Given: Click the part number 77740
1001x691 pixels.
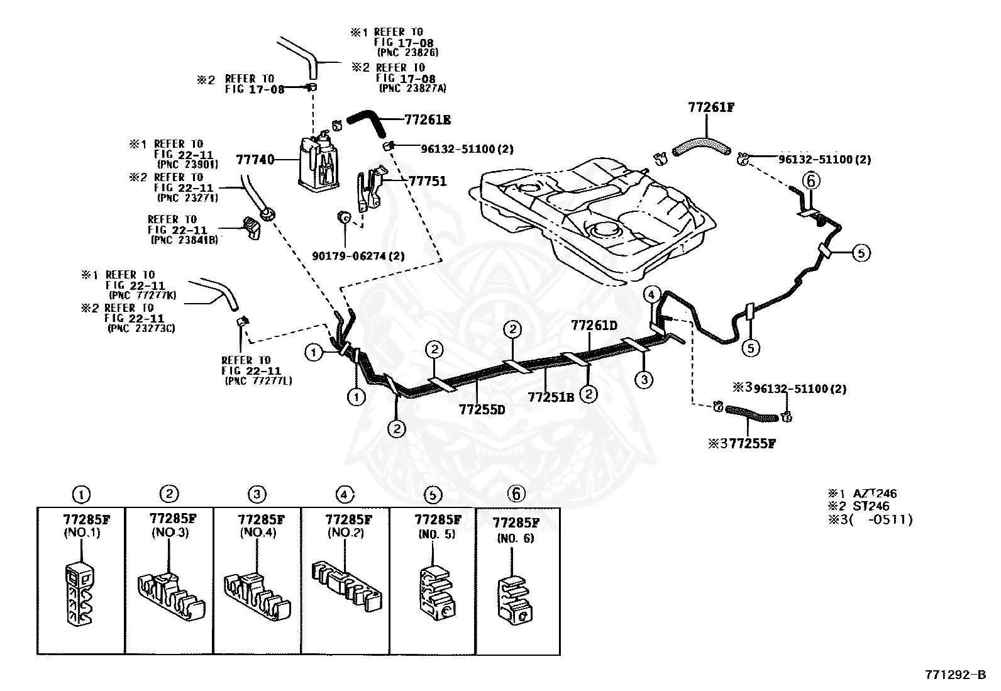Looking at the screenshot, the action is click(255, 160).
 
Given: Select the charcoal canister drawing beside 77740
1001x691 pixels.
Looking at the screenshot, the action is click(319, 162).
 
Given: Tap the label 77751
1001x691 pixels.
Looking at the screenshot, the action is click(428, 181).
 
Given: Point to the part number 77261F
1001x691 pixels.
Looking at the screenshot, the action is click(711, 108).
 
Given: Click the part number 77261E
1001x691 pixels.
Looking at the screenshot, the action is click(428, 120).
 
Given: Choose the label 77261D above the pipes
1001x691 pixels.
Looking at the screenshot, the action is click(594, 326).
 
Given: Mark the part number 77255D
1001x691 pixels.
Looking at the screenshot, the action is click(482, 409).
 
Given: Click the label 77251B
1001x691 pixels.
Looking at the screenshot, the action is click(551, 397).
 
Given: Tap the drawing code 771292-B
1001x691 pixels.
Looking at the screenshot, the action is click(955, 675).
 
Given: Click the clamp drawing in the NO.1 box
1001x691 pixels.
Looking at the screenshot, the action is click(80, 594).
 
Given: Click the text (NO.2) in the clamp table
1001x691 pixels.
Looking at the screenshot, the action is click(345, 533).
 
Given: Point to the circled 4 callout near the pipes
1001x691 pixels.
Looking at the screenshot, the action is click(651, 295).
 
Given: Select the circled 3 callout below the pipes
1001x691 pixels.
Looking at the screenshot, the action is click(644, 380).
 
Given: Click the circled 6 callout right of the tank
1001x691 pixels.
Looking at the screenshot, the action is click(811, 181).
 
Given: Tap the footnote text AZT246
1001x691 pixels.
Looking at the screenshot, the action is click(875, 494).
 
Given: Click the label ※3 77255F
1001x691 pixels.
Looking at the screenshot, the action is click(742, 443).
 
